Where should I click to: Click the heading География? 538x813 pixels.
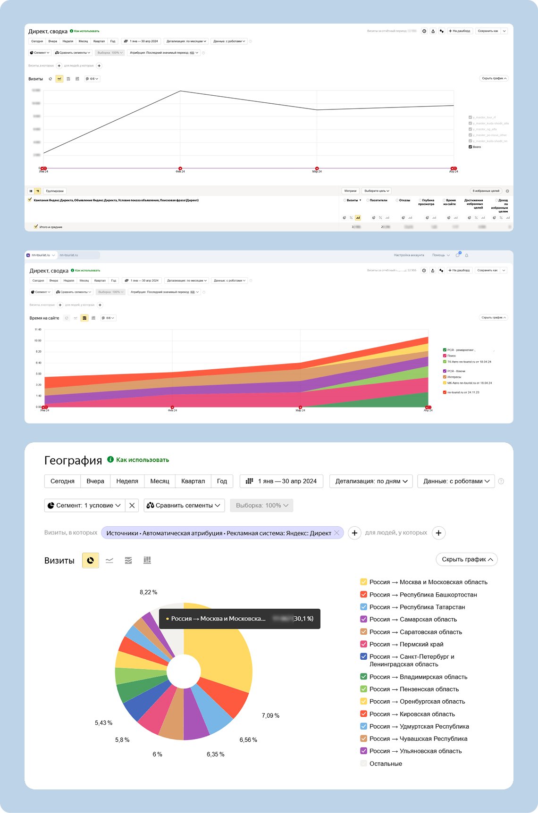point(73,461)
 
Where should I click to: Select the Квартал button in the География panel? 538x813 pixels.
point(193,481)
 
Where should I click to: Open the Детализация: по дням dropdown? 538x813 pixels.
point(371,481)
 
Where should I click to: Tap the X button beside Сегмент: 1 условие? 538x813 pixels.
point(132,506)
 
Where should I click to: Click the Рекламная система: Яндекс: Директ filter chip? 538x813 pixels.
point(222,533)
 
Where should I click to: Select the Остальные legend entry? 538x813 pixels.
point(386,763)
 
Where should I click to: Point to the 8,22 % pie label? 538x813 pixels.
point(148,592)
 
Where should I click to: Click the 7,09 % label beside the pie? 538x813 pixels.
point(270,716)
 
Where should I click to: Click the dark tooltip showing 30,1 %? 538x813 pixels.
point(240,619)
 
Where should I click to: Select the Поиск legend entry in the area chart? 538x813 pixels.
point(452,356)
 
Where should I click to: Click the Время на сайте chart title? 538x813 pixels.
point(44,318)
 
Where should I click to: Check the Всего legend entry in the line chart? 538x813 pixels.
point(477,147)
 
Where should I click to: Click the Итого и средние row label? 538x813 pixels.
point(50,227)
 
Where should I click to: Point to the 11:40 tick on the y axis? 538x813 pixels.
point(38,330)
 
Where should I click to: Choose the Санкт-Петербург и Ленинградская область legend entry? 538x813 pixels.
point(412,660)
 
